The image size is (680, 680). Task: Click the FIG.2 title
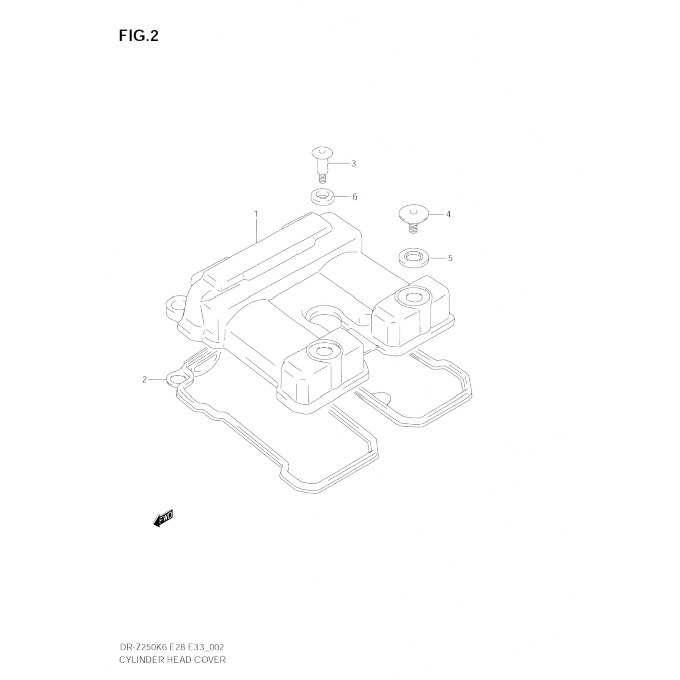[139, 36]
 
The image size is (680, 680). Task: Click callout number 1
[256, 213]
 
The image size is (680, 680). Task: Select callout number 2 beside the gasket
[145, 379]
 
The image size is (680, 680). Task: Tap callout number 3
[354, 164]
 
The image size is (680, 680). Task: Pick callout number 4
[448, 214]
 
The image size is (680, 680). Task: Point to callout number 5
[450, 258]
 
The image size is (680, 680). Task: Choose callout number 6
[355, 197]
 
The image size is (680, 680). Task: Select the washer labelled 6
[322, 198]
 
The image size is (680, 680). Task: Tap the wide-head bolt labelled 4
[413, 216]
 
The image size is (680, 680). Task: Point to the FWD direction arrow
[163, 519]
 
